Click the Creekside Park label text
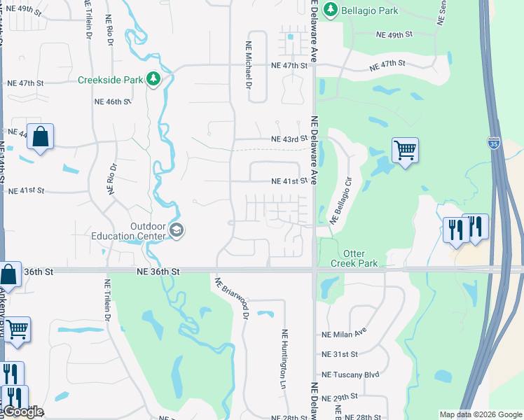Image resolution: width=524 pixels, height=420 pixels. click(x=109, y=79)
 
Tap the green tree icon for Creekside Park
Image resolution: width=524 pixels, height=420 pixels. click(x=153, y=79)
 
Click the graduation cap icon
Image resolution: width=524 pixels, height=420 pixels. click(x=177, y=230)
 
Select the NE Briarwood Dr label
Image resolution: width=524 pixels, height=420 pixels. click(x=232, y=299)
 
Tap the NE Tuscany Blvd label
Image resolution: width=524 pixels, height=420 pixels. click(x=350, y=374)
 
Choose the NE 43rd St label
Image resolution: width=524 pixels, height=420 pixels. click(x=290, y=139)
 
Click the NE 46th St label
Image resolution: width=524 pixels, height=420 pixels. click(x=113, y=101)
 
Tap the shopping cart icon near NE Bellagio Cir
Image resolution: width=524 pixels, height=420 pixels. click(x=405, y=149)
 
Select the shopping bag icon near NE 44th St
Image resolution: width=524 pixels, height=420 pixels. click(x=41, y=137)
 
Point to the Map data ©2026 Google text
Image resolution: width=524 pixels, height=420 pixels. click(x=480, y=414)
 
